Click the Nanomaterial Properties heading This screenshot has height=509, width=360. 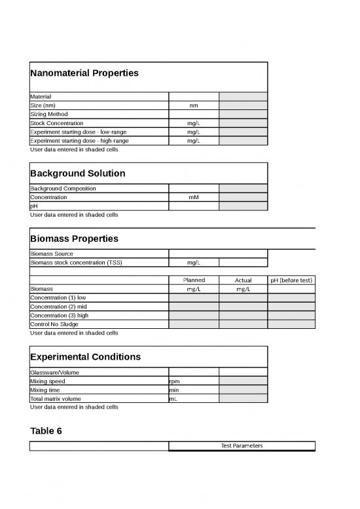point(84,73)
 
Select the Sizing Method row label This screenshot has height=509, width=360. point(49,114)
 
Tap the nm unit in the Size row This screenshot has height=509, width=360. point(194,105)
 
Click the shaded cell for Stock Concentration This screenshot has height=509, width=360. point(243,123)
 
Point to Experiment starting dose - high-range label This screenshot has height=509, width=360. point(79,140)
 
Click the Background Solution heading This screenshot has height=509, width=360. point(78,174)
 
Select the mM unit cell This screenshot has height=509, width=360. point(194,197)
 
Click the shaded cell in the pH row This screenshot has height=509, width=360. point(243,206)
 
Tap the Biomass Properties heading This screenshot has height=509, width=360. point(74,238)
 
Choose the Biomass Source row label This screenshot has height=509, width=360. point(52,254)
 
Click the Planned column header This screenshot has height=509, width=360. point(194,280)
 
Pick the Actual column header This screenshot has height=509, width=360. point(243,280)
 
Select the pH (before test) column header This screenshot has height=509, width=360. point(291,280)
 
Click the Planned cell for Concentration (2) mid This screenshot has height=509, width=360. point(194,307)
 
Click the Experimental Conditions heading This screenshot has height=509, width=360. point(85,357)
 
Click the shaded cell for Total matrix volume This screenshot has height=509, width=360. point(243,398)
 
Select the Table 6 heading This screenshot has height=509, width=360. point(46,430)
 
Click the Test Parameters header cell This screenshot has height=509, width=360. point(242,446)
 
